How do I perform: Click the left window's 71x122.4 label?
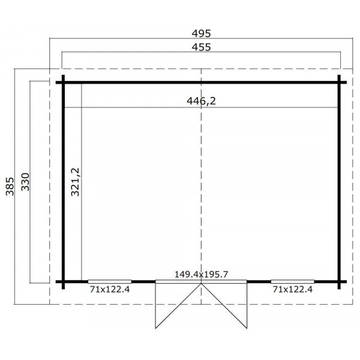click(x=110, y=289)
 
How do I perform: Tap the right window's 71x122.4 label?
click(x=293, y=289)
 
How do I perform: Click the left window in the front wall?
click(x=110, y=281)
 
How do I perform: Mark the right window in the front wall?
click(x=292, y=281)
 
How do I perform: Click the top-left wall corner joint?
click(x=62, y=81)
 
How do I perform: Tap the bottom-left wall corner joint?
click(x=62, y=281)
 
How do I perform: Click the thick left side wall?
click(x=62, y=180)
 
